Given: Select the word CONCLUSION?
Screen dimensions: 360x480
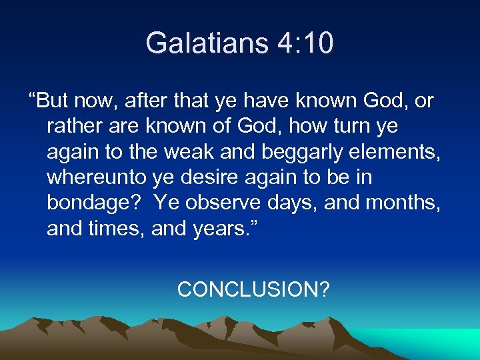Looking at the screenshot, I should click(253, 289).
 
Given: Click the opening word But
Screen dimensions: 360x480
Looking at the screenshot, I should click(55, 101).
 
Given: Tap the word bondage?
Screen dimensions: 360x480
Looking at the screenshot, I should click(95, 203).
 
